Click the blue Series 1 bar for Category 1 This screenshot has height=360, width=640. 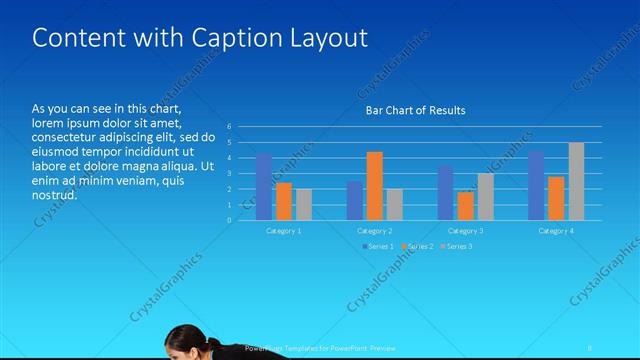(264, 187)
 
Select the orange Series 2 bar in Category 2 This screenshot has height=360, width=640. (374, 186)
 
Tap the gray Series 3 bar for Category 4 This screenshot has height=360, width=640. (576, 181)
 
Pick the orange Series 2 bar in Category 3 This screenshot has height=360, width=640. (465, 206)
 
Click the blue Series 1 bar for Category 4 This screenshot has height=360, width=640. (536, 185)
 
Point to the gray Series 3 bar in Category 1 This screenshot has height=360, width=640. (304, 204)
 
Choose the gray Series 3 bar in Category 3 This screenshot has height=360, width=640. (485, 197)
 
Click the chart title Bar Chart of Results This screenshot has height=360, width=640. (415, 110)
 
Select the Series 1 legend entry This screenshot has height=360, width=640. (377, 246)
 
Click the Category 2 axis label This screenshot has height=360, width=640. (375, 231)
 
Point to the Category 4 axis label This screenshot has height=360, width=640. (556, 231)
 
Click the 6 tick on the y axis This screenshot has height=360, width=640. (229, 127)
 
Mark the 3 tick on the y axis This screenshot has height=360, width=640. (229, 173)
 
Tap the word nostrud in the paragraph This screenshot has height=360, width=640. (54, 194)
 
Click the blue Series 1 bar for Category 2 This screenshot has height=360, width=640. (354, 200)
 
